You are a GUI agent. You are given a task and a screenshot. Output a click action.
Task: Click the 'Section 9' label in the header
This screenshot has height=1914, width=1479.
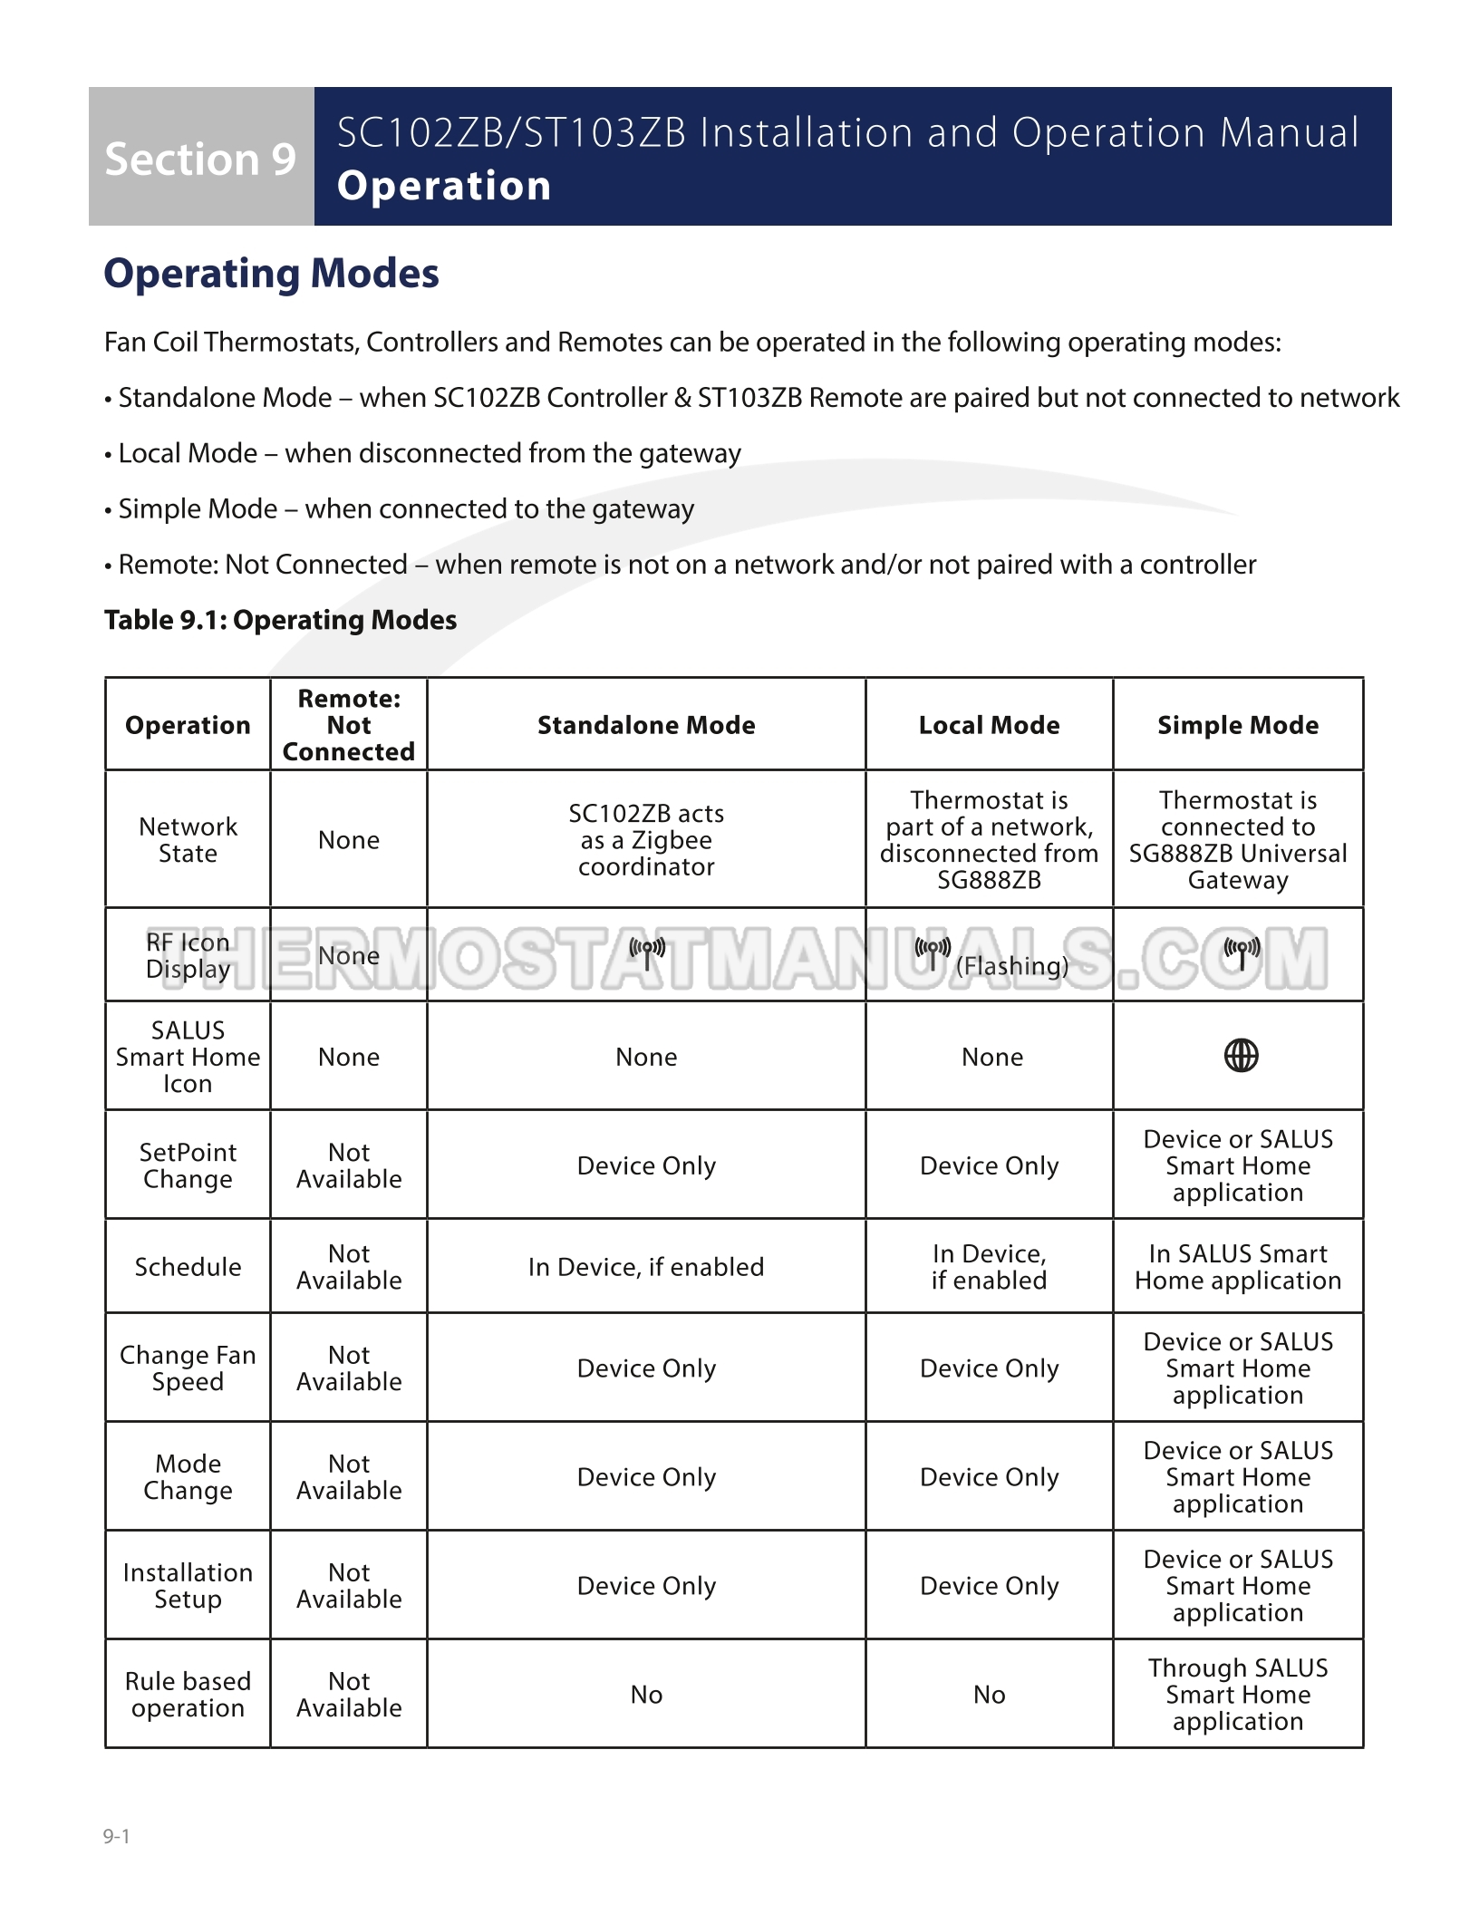[200, 159]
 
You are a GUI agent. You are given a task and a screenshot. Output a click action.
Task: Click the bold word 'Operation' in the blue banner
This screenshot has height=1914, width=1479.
[443, 186]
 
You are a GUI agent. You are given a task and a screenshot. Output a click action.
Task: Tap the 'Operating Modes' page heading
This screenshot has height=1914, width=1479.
[271, 274]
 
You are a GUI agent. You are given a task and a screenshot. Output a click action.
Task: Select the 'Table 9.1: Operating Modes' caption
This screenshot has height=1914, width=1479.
[280, 620]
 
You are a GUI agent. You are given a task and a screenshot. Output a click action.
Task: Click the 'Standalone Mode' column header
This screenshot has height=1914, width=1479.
[646, 725]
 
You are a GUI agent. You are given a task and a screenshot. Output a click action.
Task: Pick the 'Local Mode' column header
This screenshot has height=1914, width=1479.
[989, 725]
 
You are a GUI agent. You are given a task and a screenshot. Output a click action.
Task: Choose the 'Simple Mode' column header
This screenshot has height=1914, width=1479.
[1238, 725]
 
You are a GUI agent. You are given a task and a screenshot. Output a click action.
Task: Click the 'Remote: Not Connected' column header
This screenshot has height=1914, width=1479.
[349, 725]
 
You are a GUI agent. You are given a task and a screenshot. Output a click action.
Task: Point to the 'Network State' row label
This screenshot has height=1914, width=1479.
[188, 840]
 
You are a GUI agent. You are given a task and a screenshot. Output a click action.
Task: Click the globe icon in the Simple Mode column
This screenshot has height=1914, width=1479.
[1241, 1056]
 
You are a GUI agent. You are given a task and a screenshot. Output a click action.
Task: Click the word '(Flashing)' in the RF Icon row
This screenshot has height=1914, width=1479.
[1012, 966]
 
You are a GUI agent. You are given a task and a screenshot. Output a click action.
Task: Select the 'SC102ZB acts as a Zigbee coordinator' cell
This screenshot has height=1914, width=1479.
[646, 840]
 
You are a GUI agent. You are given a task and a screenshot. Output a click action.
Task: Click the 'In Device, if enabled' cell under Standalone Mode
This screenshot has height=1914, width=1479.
[646, 1267]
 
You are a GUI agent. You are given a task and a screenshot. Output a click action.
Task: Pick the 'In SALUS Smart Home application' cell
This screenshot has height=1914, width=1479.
[1238, 1267]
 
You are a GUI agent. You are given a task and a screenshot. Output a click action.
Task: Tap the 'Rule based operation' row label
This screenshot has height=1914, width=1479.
[188, 1695]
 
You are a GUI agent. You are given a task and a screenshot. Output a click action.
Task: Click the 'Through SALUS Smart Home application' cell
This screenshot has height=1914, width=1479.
[1238, 1695]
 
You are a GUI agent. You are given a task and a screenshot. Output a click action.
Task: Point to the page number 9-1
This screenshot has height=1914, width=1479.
[117, 1837]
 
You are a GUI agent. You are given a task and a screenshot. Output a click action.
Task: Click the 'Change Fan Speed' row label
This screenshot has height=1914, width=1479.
[188, 1368]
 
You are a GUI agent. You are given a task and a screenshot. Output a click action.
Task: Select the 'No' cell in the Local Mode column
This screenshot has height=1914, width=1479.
[989, 1695]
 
